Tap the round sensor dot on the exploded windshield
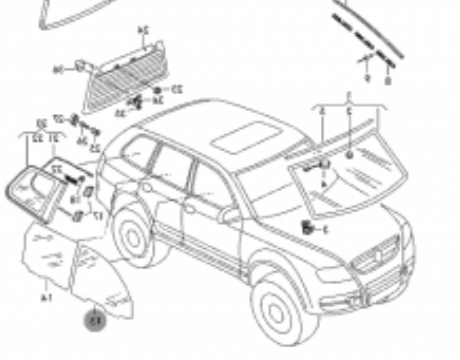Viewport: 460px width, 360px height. (x=350, y=153)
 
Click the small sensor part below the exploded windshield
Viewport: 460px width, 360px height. (x=307, y=228)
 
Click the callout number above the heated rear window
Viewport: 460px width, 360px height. (x=143, y=30)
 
